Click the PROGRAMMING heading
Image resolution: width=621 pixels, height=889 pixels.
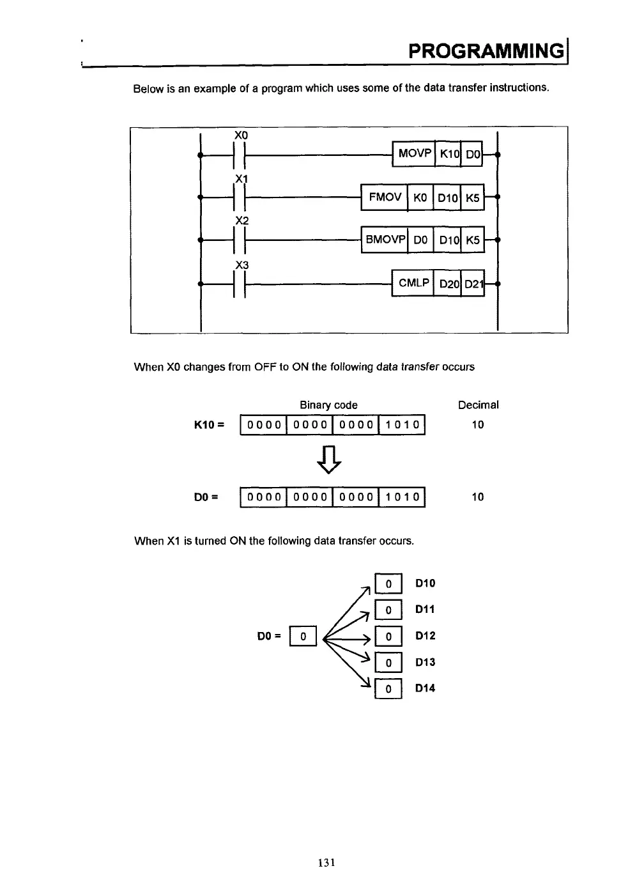point(487,50)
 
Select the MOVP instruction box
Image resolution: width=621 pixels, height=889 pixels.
point(414,153)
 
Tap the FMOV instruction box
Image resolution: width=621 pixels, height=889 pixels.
point(385,197)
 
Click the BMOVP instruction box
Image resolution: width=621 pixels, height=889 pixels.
point(385,240)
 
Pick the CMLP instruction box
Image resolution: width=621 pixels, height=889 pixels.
point(413,282)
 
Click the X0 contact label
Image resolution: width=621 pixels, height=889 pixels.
point(241,135)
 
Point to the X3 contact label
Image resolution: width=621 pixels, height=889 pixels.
point(241,265)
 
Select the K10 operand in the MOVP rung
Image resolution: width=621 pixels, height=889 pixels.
point(448,154)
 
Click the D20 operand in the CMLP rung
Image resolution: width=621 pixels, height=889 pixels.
point(449,284)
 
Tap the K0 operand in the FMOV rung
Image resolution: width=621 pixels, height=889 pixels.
point(420,197)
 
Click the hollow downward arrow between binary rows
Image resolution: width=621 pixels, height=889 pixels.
point(329,460)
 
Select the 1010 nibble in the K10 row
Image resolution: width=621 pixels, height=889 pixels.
point(402,425)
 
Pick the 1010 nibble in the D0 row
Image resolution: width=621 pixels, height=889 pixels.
point(402,497)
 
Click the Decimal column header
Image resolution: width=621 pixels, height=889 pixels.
point(478,405)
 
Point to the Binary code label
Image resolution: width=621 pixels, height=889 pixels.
point(328,405)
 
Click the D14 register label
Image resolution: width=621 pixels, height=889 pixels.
point(425,688)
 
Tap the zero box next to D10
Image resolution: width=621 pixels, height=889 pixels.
point(388,584)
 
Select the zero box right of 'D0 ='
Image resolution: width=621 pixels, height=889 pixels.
point(303,637)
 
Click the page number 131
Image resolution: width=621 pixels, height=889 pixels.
point(326,862)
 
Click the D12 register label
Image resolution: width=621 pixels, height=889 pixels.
point(425,636)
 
